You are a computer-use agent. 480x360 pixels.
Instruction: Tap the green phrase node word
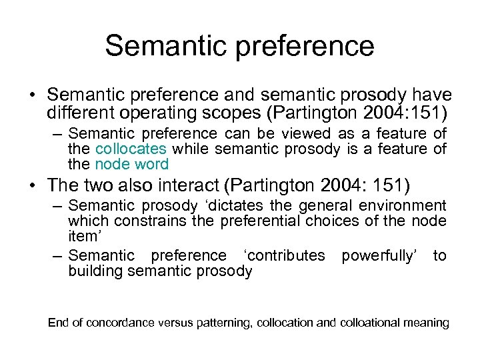131,164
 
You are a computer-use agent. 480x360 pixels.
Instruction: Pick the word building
95,271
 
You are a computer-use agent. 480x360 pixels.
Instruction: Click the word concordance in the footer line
122,323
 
